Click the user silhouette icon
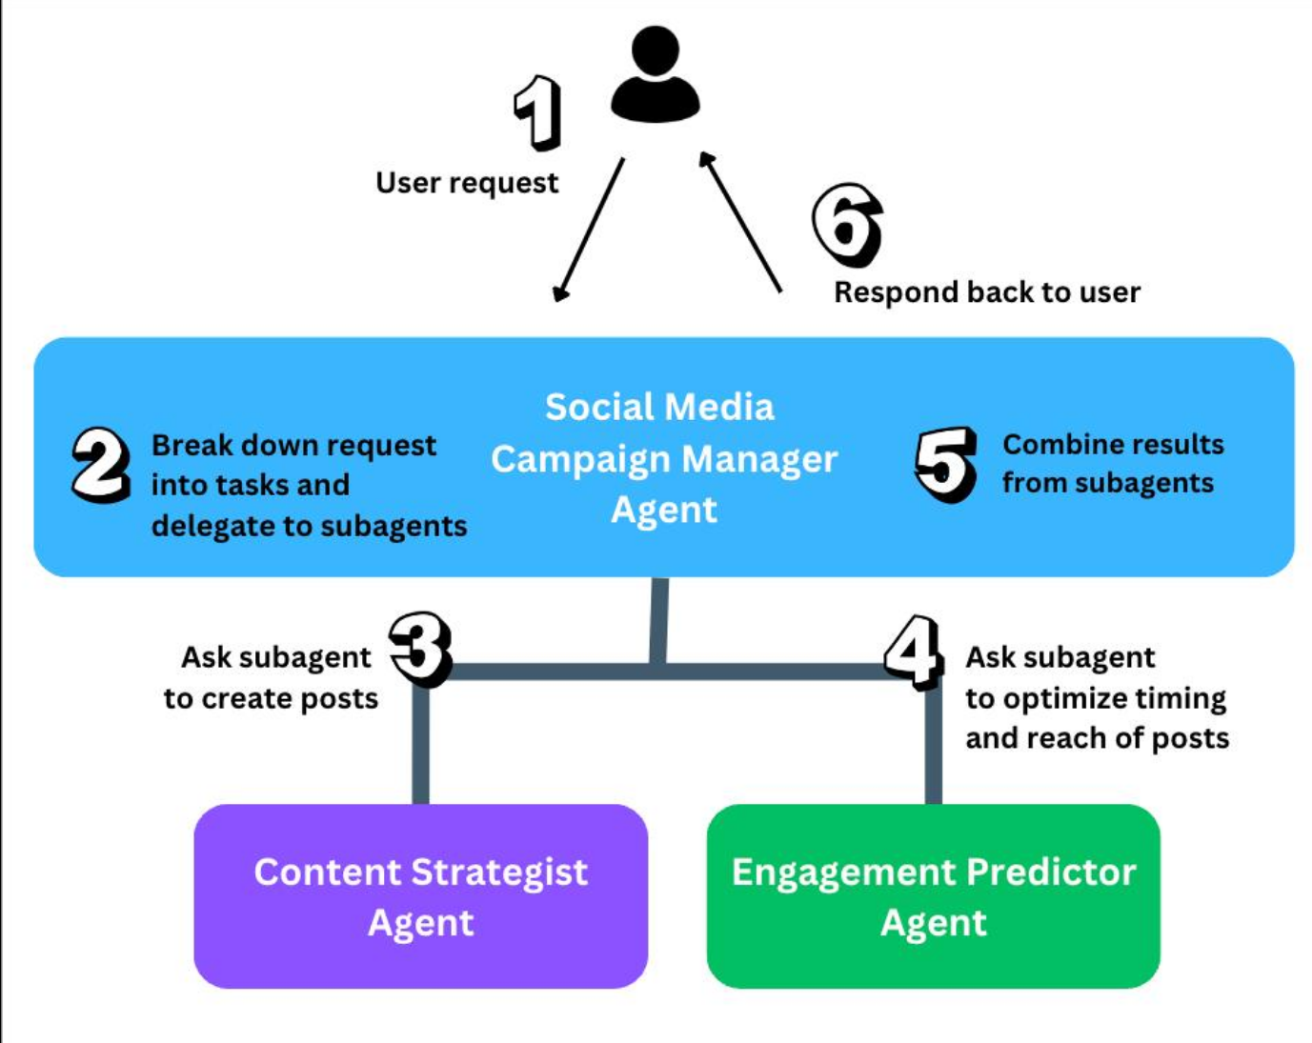pyautogui.click(x=656, y=73)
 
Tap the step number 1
pyautogui.click(x=537, y=112)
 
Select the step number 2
pyautogui.click(x=101, y=465)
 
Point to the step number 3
pyautogui.click(x=421, y=650)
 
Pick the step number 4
pyautogui.click(x=914, y=652)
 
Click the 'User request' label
pyautogui.click(x=467, y=183)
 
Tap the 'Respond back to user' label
pyautogui.click(x=987, y=292)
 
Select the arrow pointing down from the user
pyautogui.click(x=588, y=230)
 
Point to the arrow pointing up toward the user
pyautogui.click(x=740, y=222)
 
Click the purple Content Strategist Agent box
pyautogui.click(x=421, y=896)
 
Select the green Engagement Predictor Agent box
pyautogui.click(x=934, y=896)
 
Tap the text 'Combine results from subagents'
pyautogui.click(x=1113, y=464)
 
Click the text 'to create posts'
pyautogui.click(x=272, y=698)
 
